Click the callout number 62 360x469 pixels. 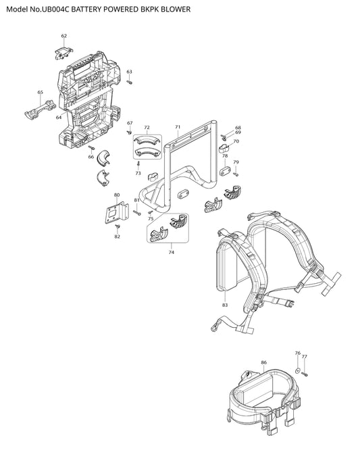(x=64, y=36)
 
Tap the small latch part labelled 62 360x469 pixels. (x=63, y=52)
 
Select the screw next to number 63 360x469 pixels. (x=130, y=81)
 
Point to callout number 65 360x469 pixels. (x=41, y=93)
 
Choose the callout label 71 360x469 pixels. (x=178, y=127)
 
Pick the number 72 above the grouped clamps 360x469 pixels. (x=147, y=128)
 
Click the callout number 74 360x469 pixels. (x=172, y=252)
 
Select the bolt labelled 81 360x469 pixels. (x=137, y=213)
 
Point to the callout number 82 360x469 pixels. (x=118, y=237)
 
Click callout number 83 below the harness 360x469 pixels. (x=225, y=305)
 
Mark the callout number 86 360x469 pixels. (x=263, y=362)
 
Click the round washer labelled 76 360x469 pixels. (x=297, y=370)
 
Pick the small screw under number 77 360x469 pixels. (x=305, y=374)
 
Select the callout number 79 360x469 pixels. (x=236, y=162)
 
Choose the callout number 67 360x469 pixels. (x=130, y=123)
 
